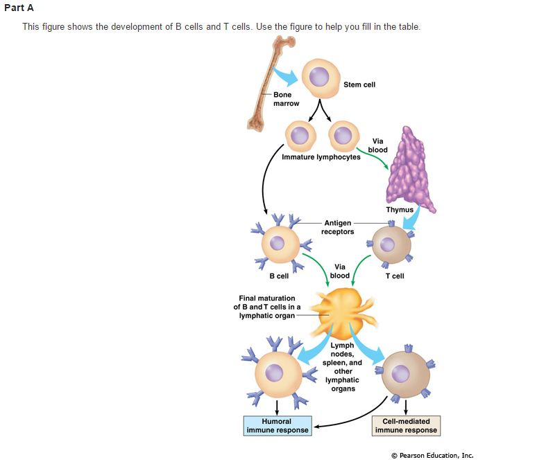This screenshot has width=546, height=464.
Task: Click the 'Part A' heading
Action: [x=19, y=8]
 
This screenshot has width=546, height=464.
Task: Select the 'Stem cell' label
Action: [x=359, y=84]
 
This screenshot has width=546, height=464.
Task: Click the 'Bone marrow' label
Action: [x=286, y=99]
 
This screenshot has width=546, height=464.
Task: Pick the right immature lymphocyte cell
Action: [x=343, y=136]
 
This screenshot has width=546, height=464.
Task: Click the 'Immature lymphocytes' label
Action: [x=321, y=157]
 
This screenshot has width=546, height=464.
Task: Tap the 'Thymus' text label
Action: [x=400, y=210]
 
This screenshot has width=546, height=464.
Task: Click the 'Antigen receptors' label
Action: [x=337, y=227]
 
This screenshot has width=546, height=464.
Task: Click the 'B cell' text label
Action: [x=279, y=276]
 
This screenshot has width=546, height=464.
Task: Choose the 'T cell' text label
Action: [x=395, y=276]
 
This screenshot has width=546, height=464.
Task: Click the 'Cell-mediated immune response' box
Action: [x=406, y=425]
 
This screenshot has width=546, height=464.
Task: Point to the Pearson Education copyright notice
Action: [x=432, y=455]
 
